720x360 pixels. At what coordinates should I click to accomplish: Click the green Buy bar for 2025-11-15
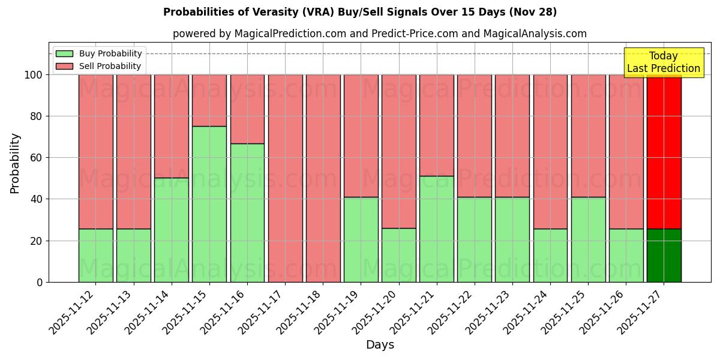coord(209,204)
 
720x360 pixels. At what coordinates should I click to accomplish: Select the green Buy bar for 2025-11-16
coord(247,212)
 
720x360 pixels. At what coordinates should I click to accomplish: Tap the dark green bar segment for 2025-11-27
coord(664,255)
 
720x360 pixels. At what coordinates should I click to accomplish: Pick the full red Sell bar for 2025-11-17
coord(285,178)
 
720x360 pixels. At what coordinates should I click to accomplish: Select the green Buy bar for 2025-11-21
coord(436,229)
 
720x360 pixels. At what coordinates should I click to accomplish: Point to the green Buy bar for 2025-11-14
coord(172,230)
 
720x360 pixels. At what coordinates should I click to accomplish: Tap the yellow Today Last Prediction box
coord(663,62)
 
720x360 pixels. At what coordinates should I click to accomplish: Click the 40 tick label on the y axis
coord(36,199)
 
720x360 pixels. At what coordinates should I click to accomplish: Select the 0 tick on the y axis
coord(39,282)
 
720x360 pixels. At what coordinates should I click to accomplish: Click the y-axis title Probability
coord(15,163)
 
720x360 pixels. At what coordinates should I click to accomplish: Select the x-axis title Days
coord(380,345)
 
